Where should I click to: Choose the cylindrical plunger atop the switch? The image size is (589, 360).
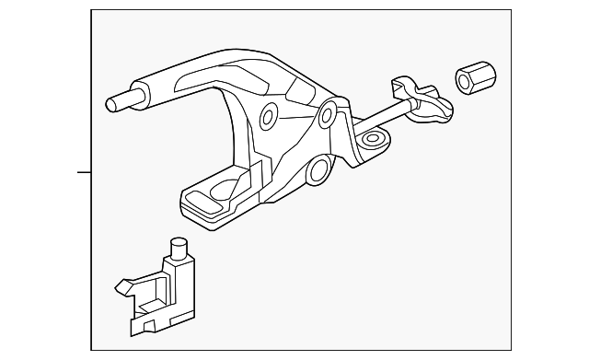[179, 249]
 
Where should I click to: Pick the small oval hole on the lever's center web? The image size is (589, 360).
[268, 115]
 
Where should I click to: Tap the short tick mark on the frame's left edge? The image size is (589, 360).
[84, 172]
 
